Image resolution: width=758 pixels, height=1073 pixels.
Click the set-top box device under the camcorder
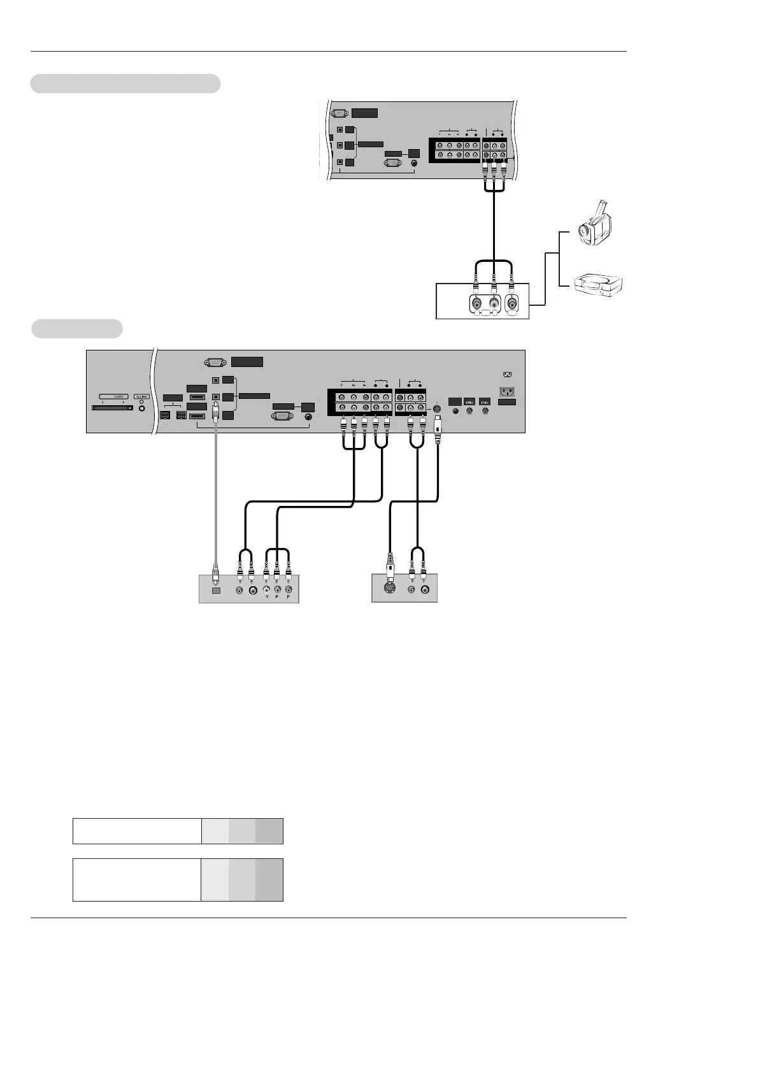point(598,284)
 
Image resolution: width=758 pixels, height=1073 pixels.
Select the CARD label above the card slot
point(118,396)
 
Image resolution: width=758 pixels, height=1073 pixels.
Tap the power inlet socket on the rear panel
point(507,391)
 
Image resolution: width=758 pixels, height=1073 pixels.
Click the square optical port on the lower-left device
point(215,591)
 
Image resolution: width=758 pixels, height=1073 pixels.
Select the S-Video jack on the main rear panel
point(437,408)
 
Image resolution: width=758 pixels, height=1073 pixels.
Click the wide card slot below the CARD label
point(113,407)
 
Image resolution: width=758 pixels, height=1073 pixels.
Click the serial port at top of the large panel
point(215,362)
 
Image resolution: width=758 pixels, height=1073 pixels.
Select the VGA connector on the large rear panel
point(282,416)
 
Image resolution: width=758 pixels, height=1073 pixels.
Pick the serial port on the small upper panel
point(340,113)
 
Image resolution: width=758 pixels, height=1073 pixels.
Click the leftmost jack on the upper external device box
point(476,304)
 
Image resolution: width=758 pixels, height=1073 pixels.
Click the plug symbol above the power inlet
point(507,375)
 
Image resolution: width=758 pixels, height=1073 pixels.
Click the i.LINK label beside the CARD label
point(141,396)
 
